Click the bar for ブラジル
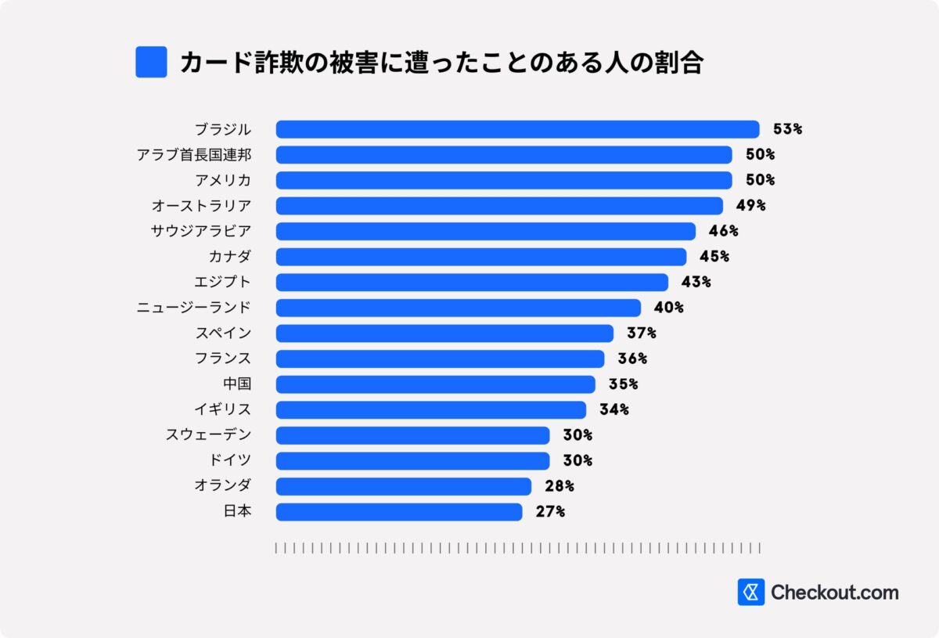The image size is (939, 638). tap(517, 129)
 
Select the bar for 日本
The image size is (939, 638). tap(399, 512)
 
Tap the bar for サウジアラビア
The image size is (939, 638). tap(485, 231)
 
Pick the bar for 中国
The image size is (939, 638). tap(435, 384)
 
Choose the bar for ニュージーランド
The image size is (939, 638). tap(458, 308)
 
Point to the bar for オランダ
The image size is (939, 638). tap(403, 486)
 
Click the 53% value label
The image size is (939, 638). tap(787, 129)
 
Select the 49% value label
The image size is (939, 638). tap(750, 206)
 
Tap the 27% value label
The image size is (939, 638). tap(549, 512)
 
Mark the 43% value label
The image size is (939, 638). tap(696, 282)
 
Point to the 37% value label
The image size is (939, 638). tap(641, 333)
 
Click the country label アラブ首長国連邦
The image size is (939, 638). tap(194, 155)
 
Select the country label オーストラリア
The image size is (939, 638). tap(201, 206)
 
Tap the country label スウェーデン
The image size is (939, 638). tap(208, 435)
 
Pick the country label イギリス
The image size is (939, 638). tap(222, 409)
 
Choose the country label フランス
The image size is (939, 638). tap(222, 359)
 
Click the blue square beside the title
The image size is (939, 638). tap(151, 62)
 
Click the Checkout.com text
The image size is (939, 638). tap(835, 593)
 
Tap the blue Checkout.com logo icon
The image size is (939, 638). tap(750, 593)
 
